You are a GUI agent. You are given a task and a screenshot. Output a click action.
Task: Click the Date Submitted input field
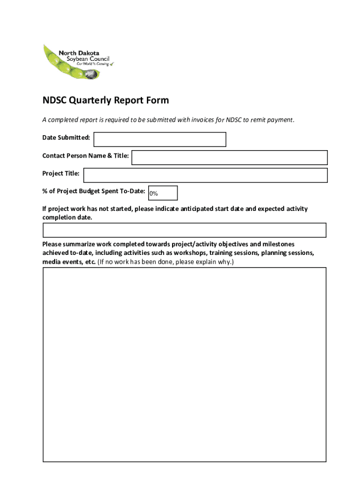click(160, 139)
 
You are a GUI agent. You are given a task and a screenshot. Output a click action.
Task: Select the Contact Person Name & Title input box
click(229, 158)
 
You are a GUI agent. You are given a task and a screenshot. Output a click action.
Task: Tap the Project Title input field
click(205, 175)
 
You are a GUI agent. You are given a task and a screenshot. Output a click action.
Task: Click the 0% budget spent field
click(163, 193)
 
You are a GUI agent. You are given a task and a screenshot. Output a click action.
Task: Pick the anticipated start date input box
click(184, 230)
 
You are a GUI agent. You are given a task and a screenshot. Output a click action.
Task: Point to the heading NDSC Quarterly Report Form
click(106, 101)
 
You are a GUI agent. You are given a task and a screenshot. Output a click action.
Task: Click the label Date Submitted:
click(66, 138)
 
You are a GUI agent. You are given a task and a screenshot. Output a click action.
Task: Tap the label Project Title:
click(61, 174)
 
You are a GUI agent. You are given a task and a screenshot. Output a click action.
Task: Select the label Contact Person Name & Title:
click(86, 156)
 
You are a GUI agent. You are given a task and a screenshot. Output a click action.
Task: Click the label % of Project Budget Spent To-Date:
click(94, 191)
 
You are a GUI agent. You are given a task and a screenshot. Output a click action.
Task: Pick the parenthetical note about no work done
click(166, 262)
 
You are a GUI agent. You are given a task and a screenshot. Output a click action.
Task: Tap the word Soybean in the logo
click(69, 59)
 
